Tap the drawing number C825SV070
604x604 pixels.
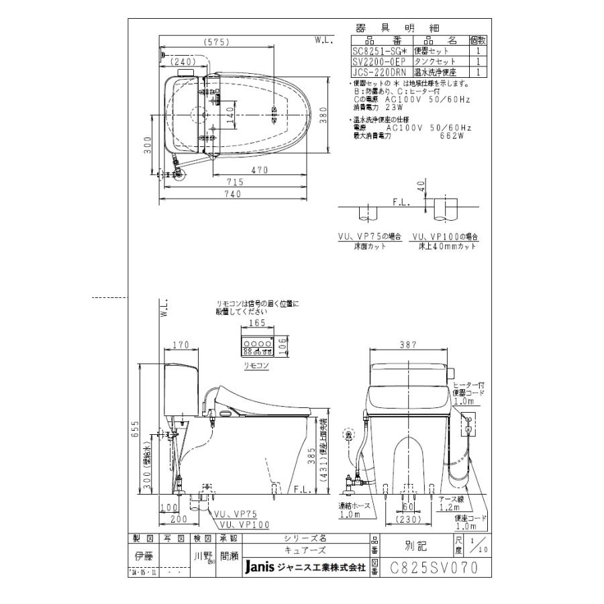pyautogui.click(x=434, y=568)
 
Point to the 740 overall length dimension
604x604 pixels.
pyautogui.click(x=232, y=194)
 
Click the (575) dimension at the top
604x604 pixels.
pyautogui.click(x=216, y=42)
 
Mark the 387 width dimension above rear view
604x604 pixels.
pyautogui.click(x=407, y=344)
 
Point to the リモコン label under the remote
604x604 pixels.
pyautogui.click(x=257, y=365)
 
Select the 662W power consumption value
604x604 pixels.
pyautogui.click(x=454, y=135)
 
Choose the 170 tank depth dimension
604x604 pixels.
pyautogui.click(x=179, y=346)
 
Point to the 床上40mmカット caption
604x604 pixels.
pyautogui.click(x=450, y=246)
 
